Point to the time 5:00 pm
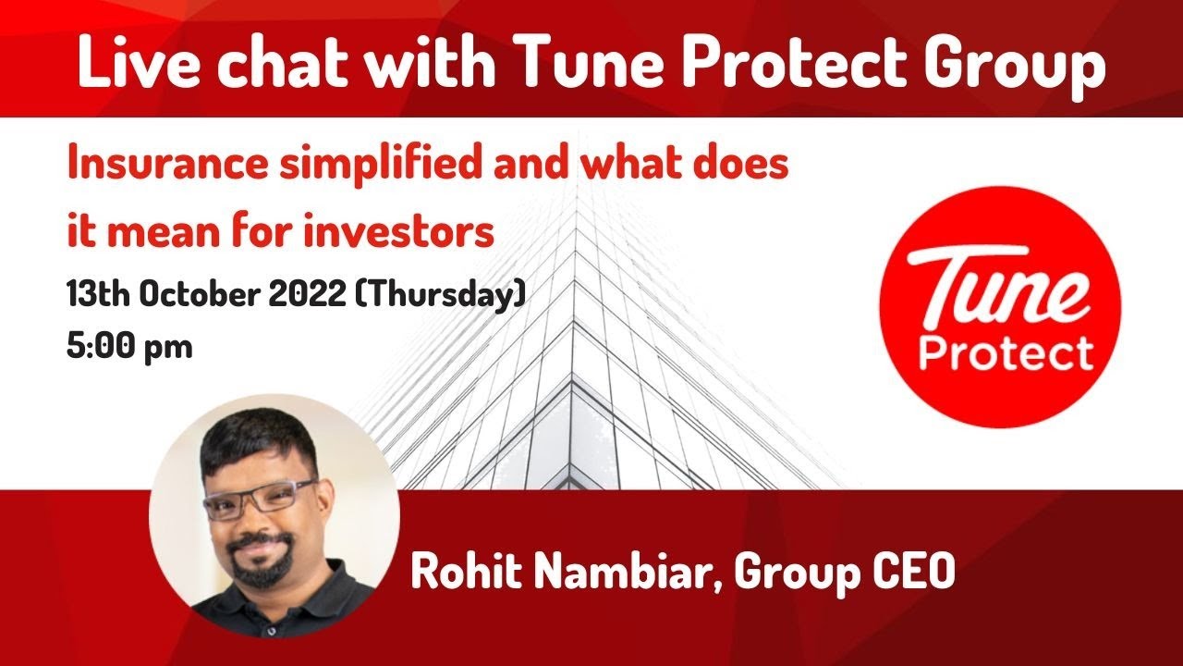coord(129,347)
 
